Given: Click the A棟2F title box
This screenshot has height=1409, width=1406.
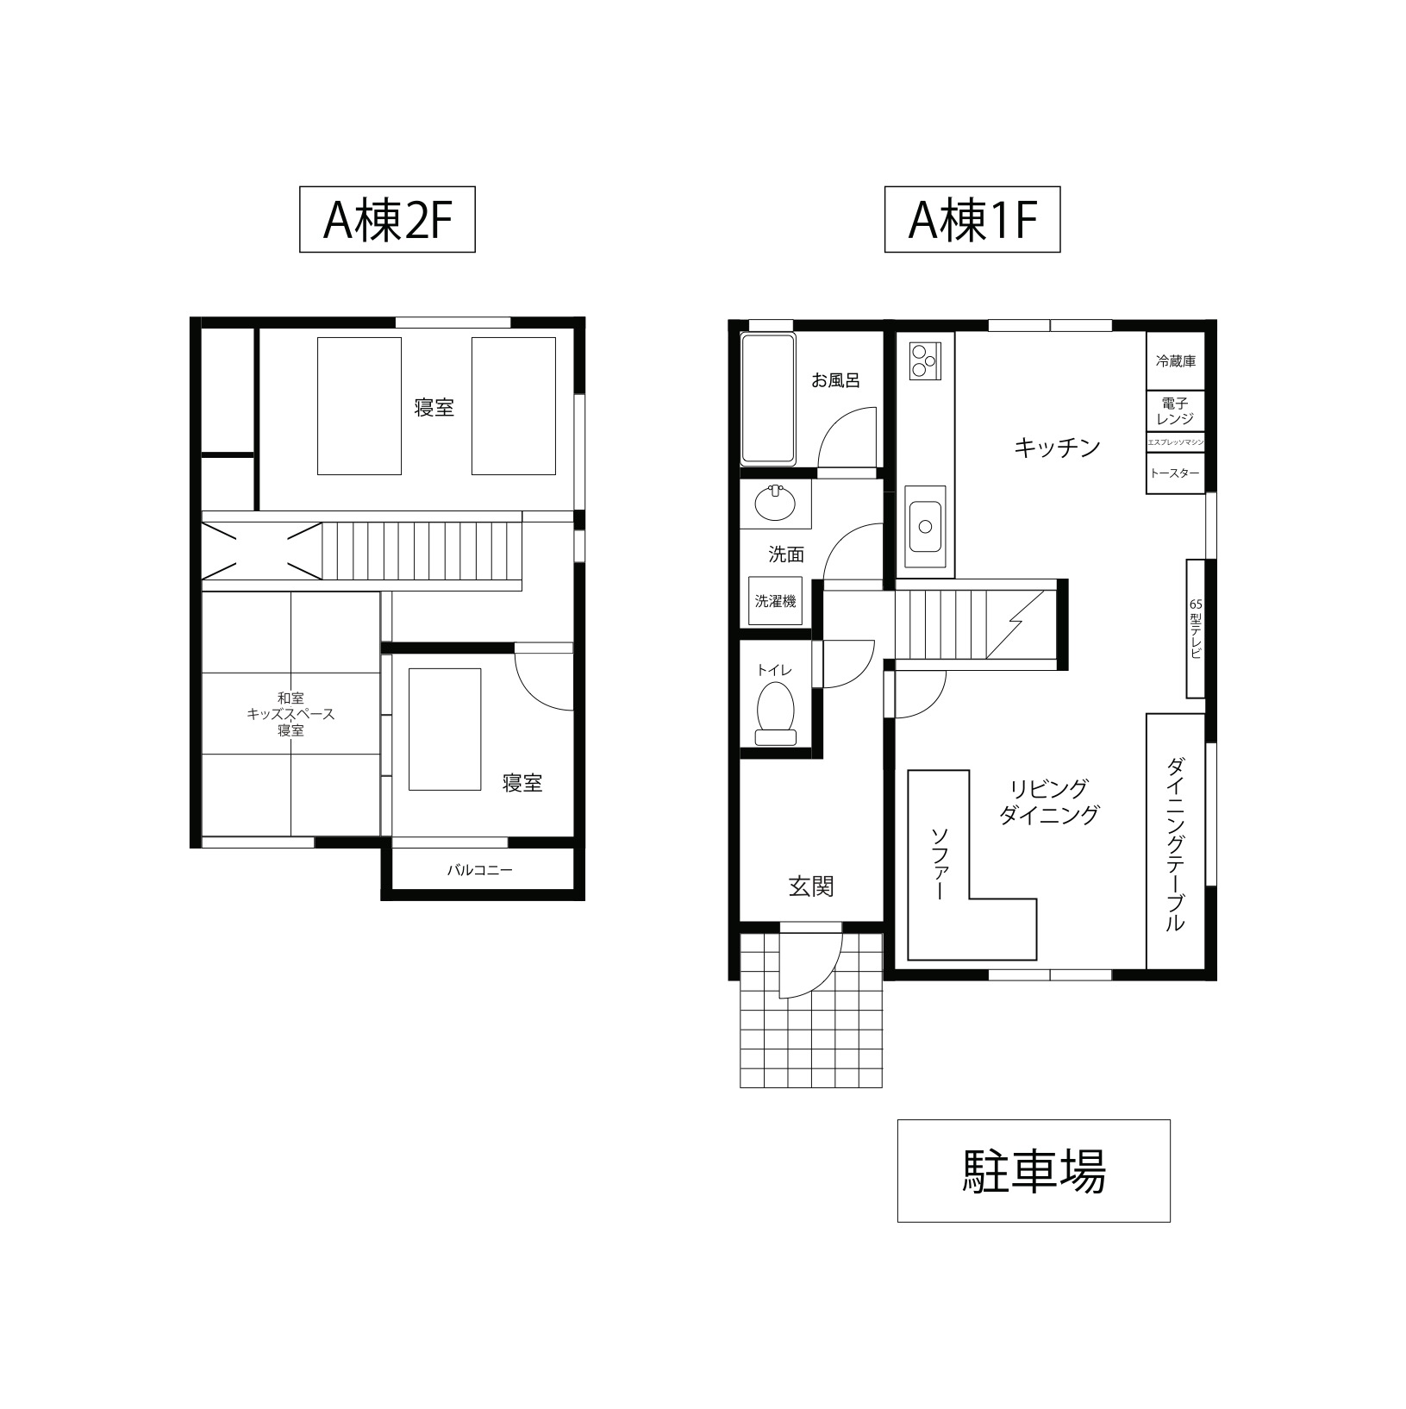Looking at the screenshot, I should pos(387,220).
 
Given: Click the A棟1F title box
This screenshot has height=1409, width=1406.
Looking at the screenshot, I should pos(972,220).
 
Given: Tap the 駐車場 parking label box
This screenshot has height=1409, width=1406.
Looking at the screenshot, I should pos(1033,1170).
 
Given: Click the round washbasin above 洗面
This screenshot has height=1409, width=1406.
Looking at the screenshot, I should pos(775,504).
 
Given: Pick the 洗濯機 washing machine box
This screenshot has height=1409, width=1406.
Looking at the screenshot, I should pos(775,601).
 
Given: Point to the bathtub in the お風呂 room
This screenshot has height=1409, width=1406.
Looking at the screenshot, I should pos(767,398).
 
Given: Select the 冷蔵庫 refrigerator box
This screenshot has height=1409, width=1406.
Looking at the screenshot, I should pos(1175,361).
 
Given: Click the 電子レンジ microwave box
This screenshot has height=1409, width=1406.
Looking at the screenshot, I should pos(1175,411).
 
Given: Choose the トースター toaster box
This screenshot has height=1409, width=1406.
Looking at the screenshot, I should pos(1175,473).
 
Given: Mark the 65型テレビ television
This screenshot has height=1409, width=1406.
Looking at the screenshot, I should pos(1195,629).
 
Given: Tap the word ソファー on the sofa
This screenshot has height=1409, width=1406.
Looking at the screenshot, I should pos(939,864).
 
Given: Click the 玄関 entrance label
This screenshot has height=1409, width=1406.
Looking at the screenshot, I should pos(811,886).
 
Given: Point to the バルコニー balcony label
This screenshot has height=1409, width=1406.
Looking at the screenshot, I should pos(479,870).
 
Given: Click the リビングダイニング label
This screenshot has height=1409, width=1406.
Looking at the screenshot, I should pos(1049,801).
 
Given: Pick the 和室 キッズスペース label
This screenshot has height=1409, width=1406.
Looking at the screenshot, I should pos(291,714).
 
